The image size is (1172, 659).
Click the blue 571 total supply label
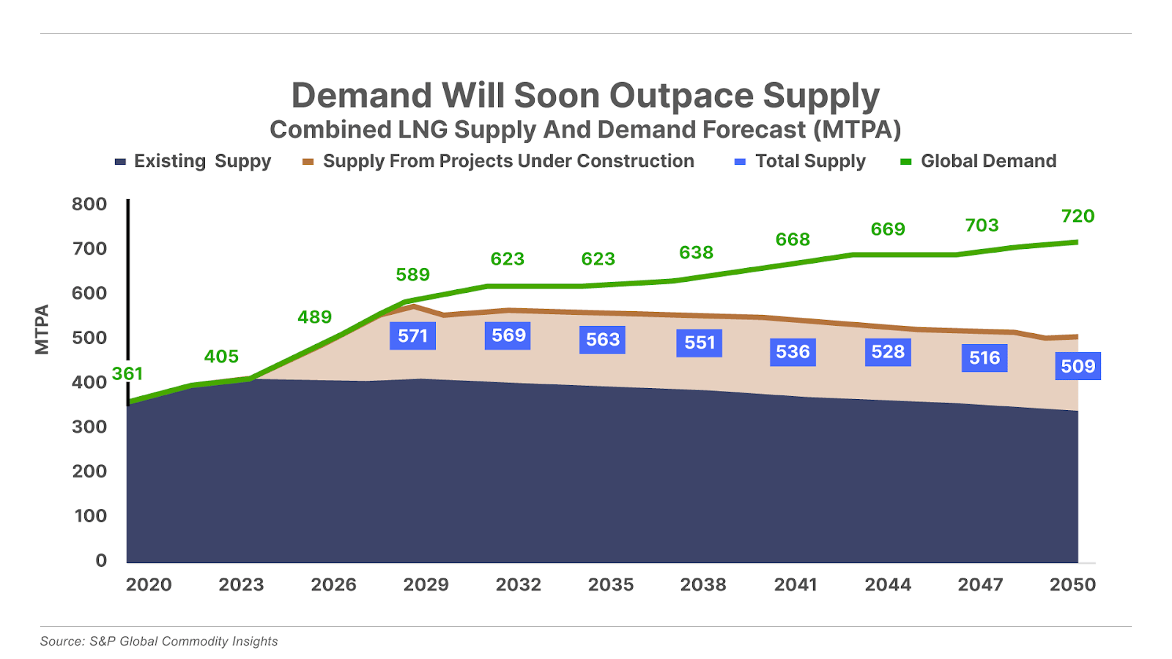(412, 336)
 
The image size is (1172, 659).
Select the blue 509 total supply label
(1078, 366)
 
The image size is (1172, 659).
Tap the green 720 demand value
(1078, 216)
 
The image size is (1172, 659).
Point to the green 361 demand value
(127, 374)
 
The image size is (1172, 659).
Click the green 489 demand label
(314, 317)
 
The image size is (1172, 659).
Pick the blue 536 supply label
(793, 352)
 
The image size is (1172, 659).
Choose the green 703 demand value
(982, 226)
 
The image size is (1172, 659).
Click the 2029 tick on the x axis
(426, 584)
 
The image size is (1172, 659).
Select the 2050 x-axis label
(1072, 584)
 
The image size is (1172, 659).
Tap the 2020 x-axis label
(149, 584)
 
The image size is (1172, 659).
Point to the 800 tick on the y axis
(89, 204)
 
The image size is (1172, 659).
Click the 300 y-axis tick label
(89, 427)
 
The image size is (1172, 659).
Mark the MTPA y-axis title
(42, 329)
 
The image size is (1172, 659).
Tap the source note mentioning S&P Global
(159, 641)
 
